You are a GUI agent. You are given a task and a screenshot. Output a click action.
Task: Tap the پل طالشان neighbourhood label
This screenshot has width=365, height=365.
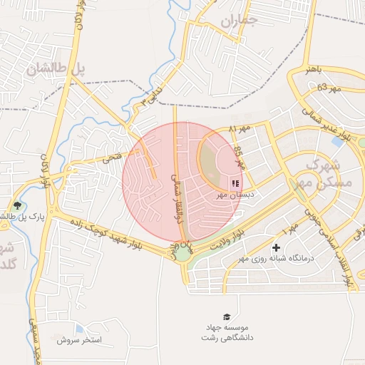[56, 68]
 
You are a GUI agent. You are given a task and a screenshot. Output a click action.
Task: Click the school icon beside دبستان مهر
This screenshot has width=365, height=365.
[235, 183]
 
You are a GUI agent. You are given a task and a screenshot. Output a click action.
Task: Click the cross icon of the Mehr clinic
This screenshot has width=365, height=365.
[276, 247]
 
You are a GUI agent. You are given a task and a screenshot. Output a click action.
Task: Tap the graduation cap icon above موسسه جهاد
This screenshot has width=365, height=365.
[227, 316]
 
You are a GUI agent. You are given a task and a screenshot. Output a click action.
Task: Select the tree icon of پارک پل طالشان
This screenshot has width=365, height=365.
[17, 206]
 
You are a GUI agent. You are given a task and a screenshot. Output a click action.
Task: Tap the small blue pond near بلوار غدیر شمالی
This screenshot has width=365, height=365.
[336, 141]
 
